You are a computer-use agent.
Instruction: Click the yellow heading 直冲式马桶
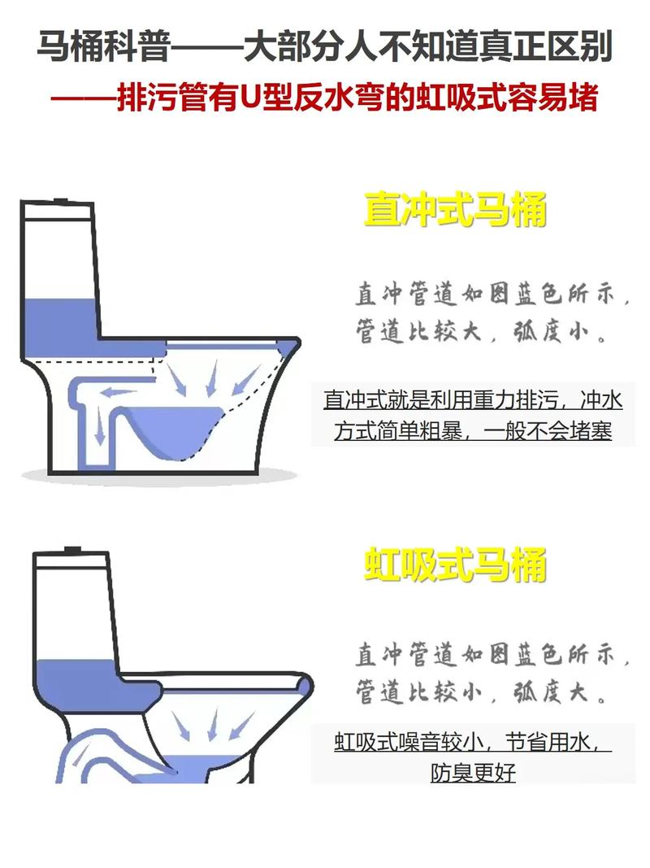tap(455, 210)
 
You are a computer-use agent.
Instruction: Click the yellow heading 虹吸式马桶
tap(455, 565)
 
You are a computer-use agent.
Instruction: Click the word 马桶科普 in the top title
tap(103, 46)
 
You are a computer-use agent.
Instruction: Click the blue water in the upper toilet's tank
tap(59, 328)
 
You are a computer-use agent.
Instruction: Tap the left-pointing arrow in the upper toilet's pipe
tap(118, 393)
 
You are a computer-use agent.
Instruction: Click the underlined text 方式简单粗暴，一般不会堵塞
tap(473, 430)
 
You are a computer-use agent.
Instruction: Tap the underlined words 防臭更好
tap(473, 772)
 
